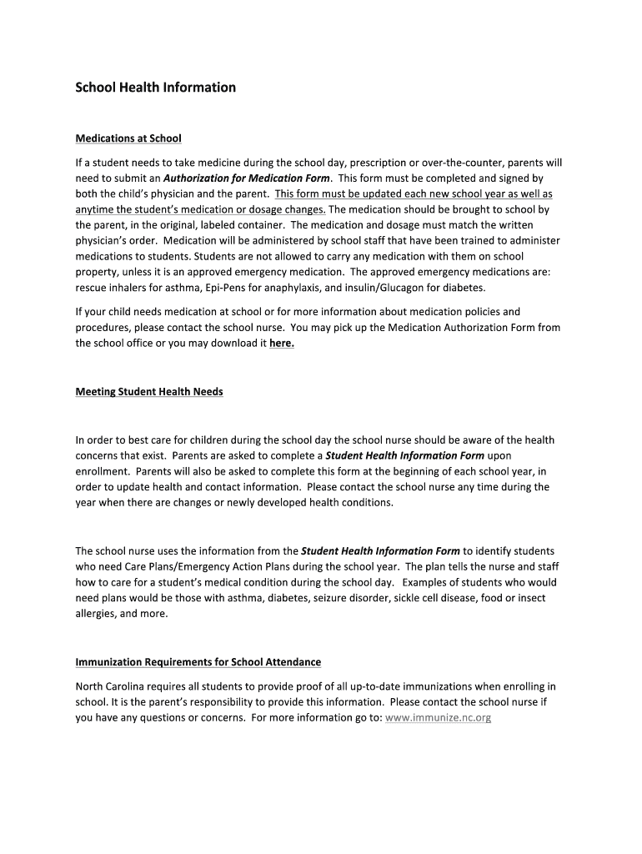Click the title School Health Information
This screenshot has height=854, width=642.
[156, 87]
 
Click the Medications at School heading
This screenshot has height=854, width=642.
[128, 138]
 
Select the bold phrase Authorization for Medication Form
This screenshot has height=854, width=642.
[247, 178]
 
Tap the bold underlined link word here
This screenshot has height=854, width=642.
[282, 343]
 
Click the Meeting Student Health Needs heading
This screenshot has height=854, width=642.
[149, 391]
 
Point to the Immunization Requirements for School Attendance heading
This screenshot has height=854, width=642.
[198, 662]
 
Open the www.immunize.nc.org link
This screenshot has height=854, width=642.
[439, 717]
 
